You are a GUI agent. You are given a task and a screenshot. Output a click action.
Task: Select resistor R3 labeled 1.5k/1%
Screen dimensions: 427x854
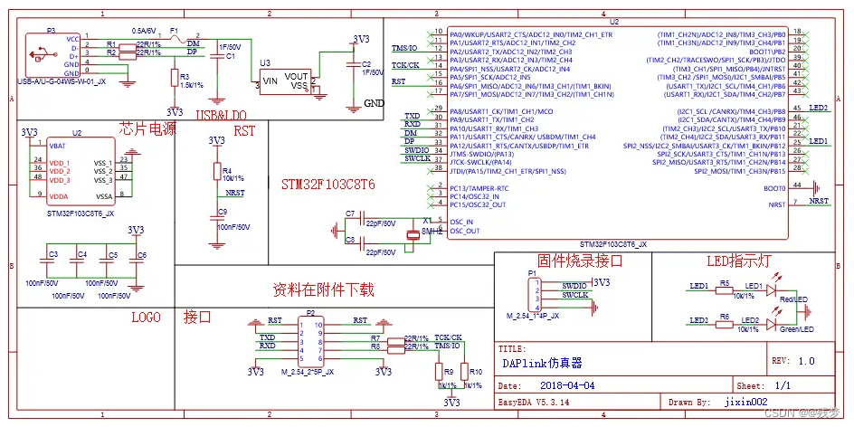tap(173, 80)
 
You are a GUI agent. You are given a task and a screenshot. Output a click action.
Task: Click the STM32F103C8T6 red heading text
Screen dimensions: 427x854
tap(328, 184)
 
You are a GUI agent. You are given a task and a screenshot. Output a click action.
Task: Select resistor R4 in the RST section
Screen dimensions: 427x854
tap(216, 172)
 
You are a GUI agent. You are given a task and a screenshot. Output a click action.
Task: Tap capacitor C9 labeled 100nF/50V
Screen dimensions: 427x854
tap(216, 218)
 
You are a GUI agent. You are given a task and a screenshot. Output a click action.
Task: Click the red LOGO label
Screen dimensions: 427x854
tap(146, 318)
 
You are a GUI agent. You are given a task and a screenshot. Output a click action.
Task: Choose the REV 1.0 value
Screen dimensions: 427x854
tap(805, 359)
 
